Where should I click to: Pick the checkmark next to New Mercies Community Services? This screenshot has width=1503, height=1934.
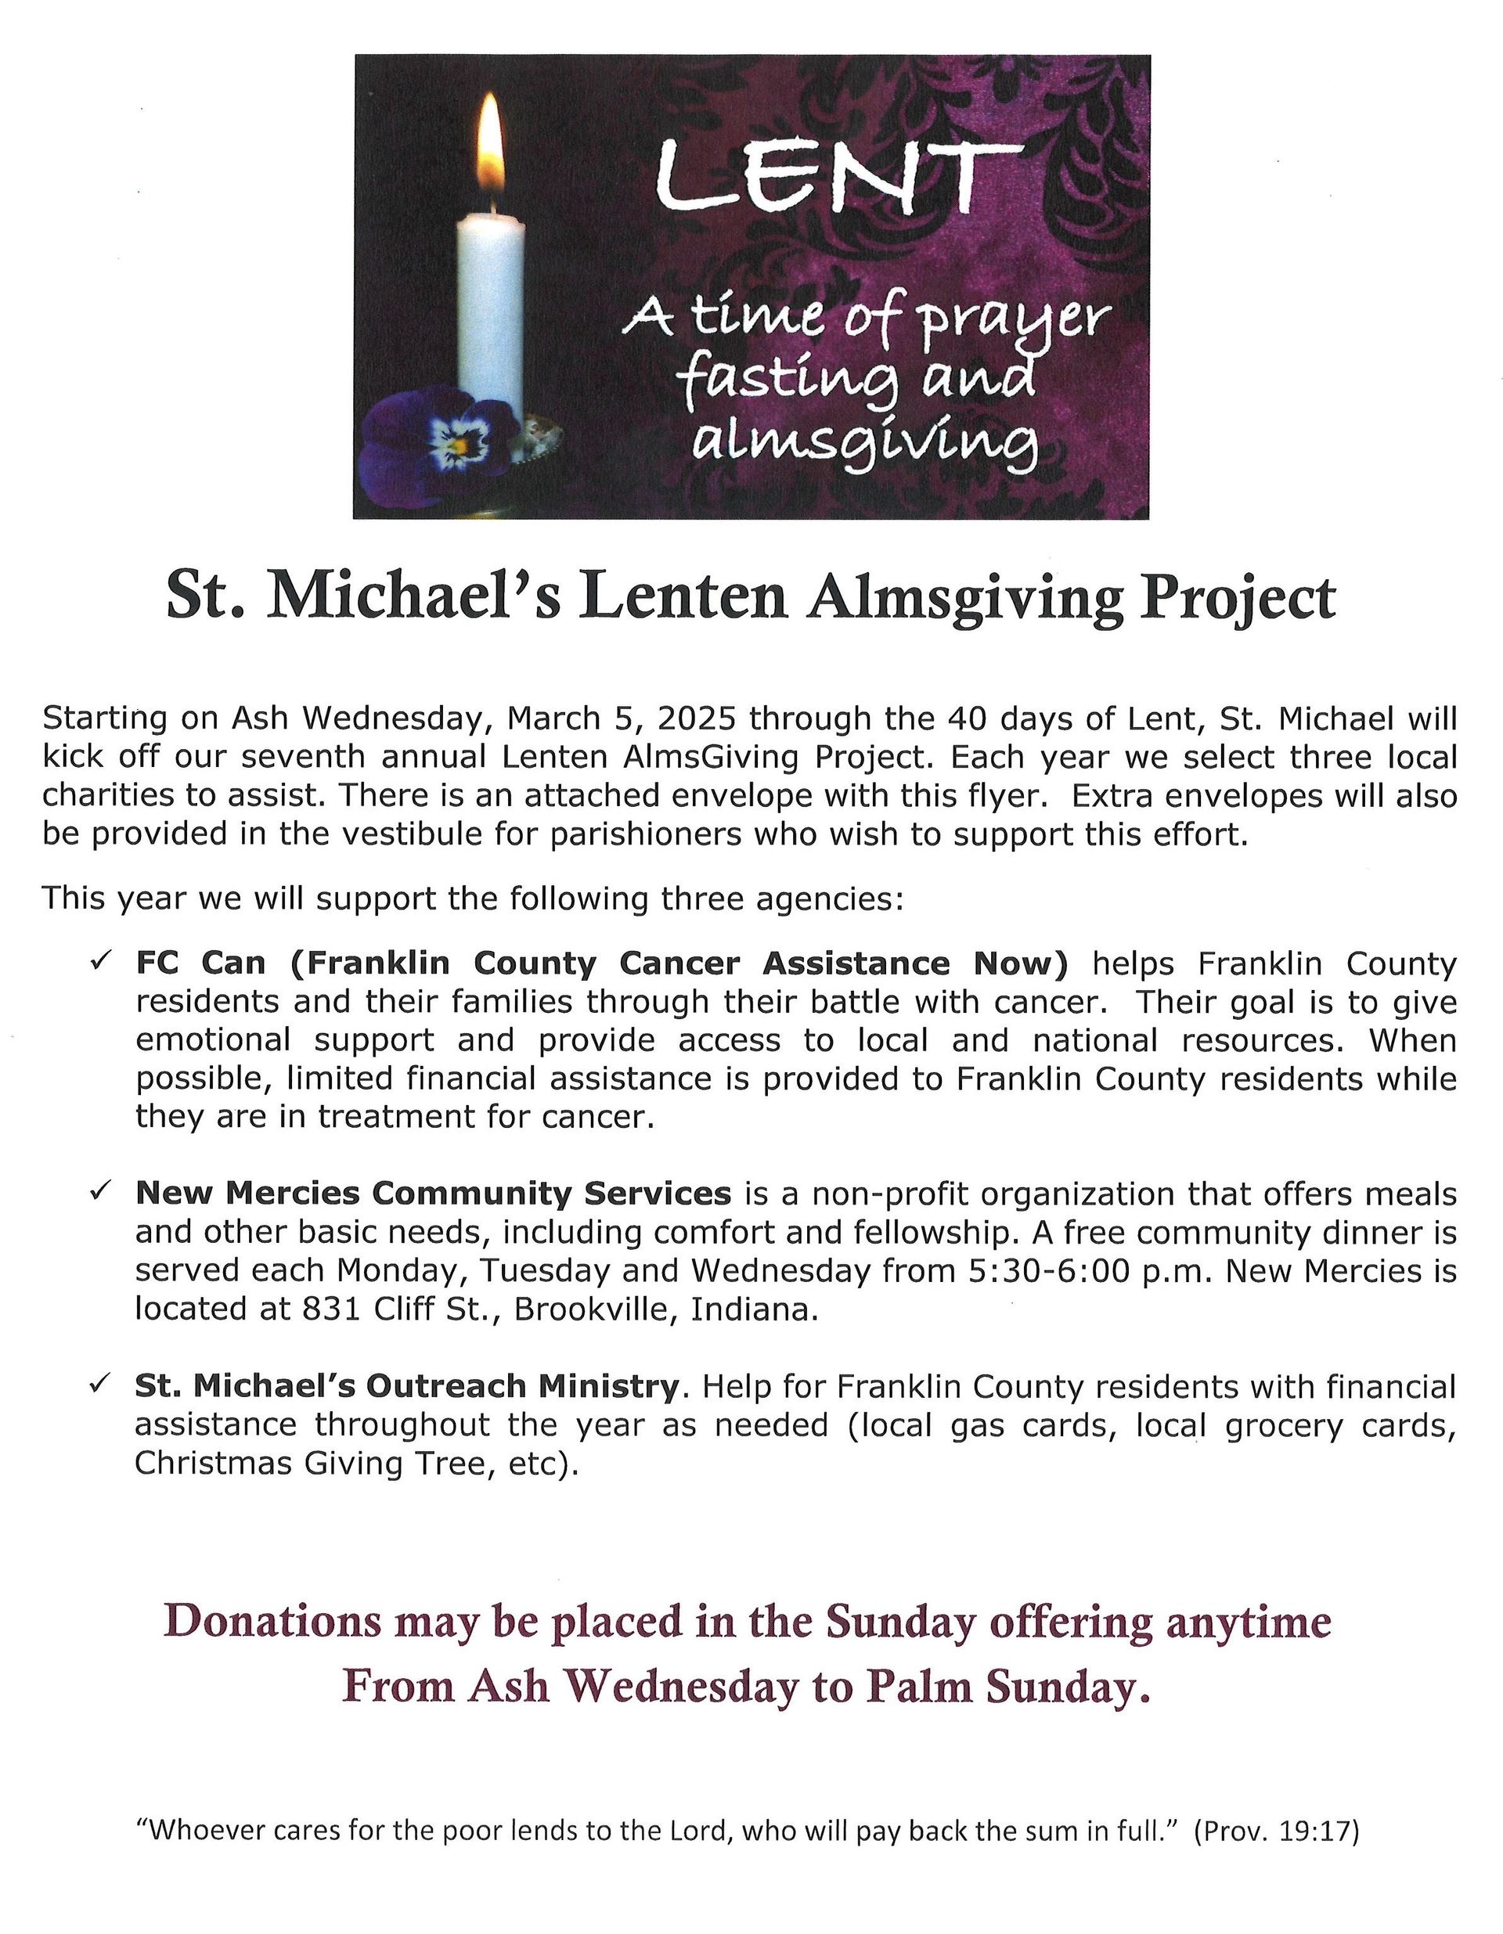[99, 1193]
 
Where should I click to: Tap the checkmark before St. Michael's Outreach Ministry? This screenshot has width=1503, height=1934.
[99, 1385]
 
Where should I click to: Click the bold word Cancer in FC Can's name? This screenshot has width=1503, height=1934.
[683, 963]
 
